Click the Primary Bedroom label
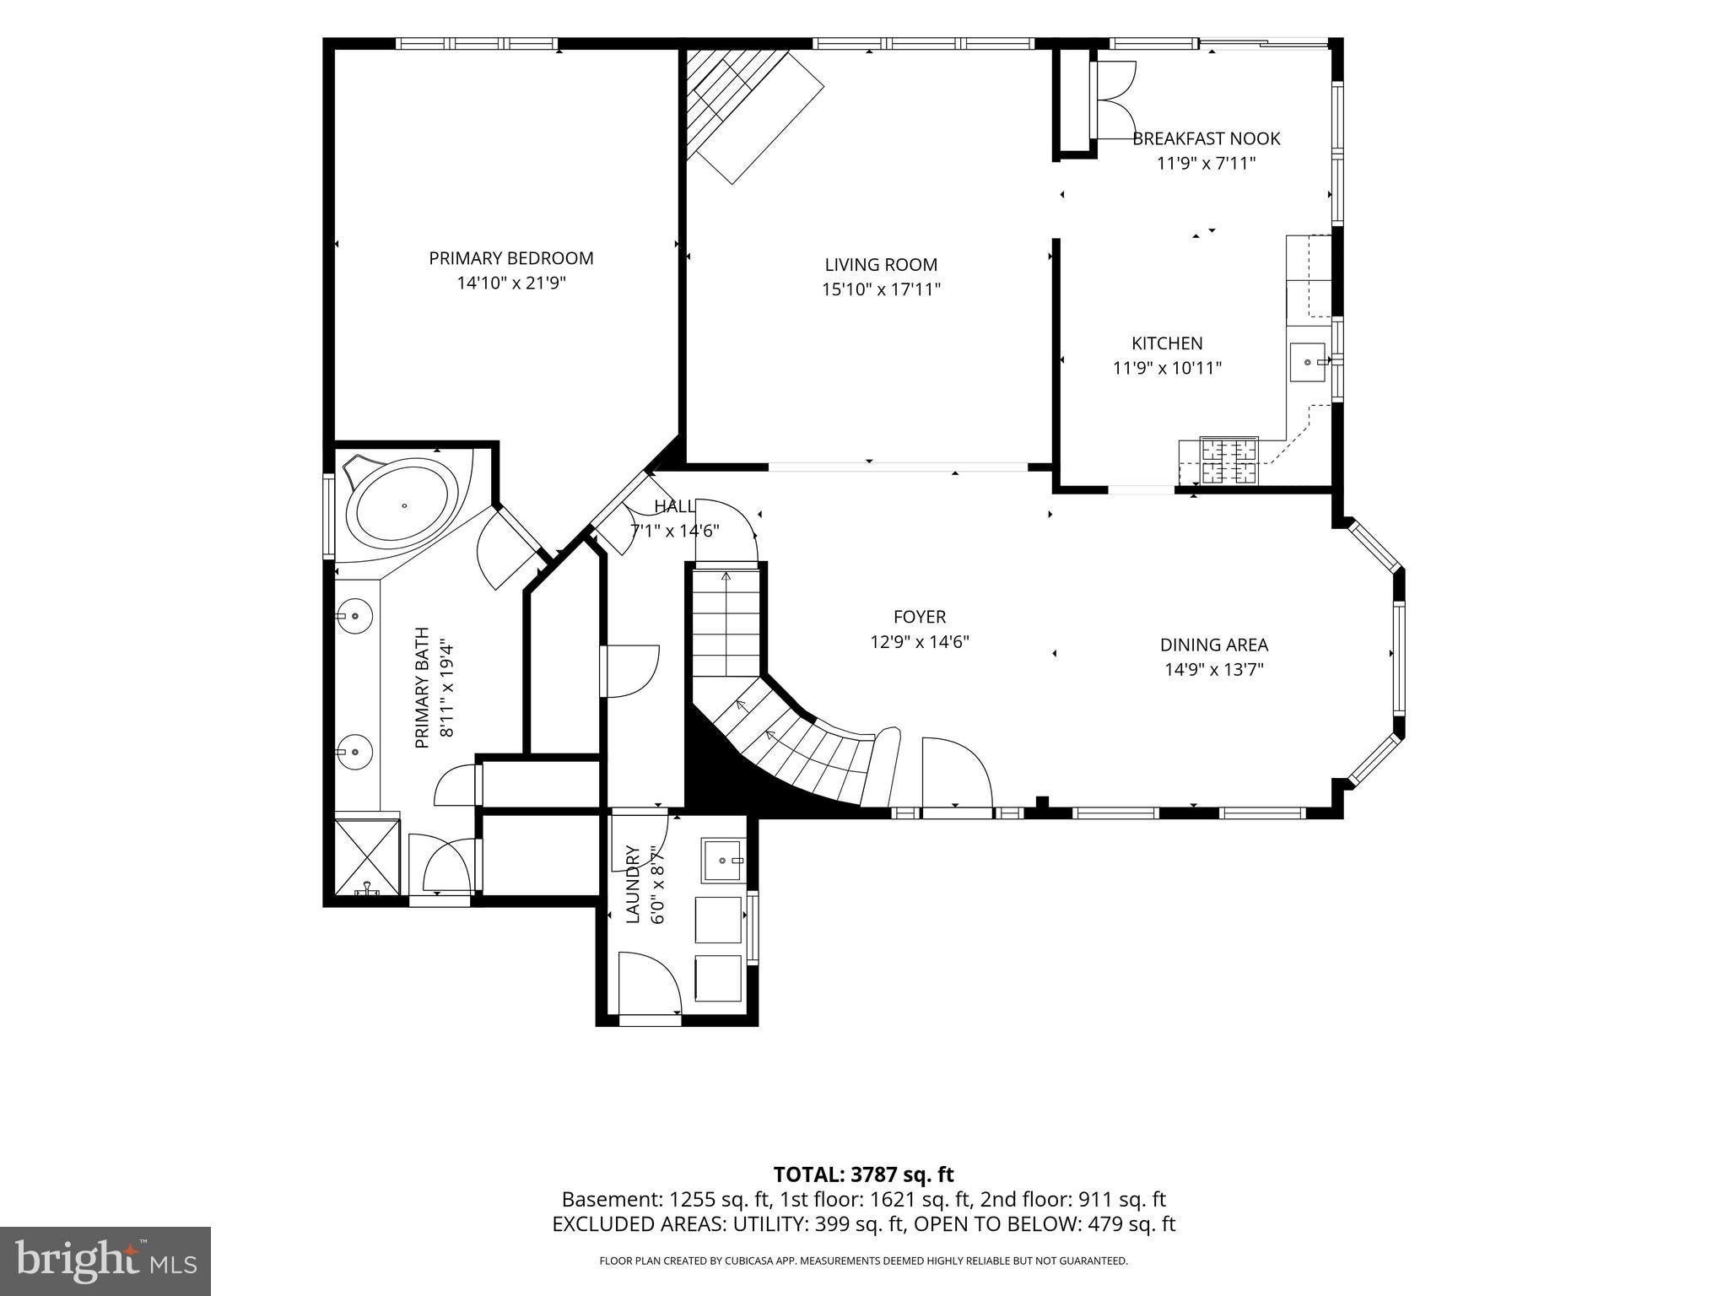511,258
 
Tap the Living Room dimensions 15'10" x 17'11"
882,289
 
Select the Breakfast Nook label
1207,138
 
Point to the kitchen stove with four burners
1229,461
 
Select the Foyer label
920,617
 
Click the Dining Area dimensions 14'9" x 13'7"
1214,670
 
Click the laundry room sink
724,860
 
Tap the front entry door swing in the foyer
957,772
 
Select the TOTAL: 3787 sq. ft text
864,1174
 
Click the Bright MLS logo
105,1261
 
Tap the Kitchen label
1167,343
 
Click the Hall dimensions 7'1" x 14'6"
675,532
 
